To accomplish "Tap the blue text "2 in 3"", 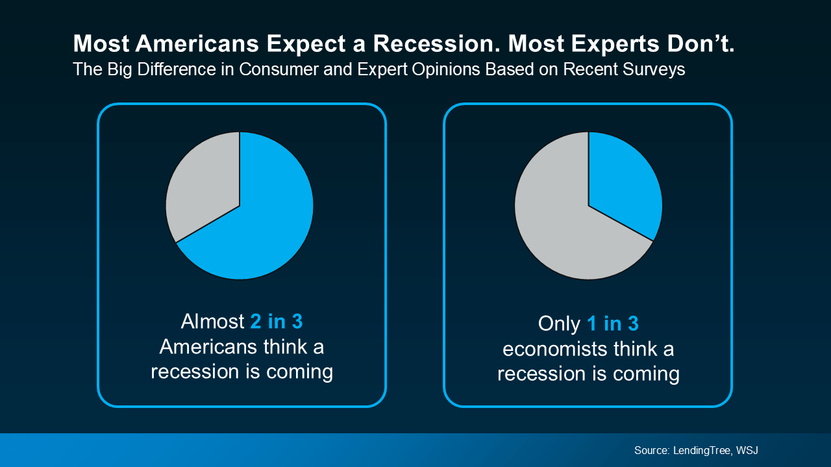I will (x=277, y=322).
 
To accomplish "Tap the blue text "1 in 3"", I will (x=613, y=324).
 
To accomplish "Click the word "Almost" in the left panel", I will (x=212, y=322).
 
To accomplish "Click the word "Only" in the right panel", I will (x=559, y=324).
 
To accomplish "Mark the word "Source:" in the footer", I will (x=652, y=450).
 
